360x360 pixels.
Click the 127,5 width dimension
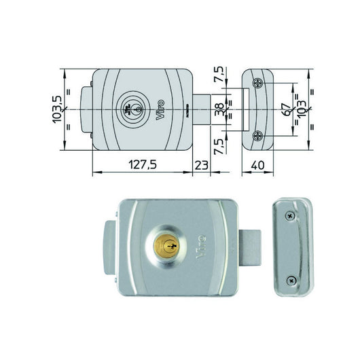(143, 164)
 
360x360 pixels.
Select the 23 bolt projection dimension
(201, 165)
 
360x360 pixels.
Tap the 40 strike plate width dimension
(257, 165)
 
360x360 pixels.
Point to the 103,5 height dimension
(58, 109)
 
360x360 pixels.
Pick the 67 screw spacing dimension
(286, 109)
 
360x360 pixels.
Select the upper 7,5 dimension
(218, 74)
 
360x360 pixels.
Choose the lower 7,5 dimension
(218, 147)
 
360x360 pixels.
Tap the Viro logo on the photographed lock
(200, 247)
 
